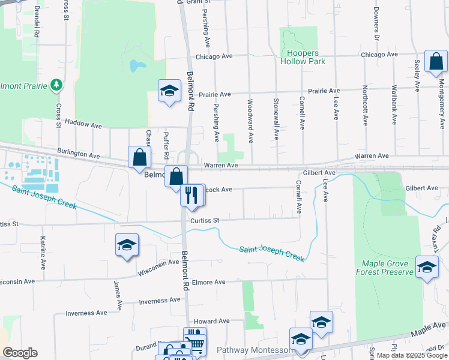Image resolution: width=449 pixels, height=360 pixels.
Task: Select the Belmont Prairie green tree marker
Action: click(x=56, y=85)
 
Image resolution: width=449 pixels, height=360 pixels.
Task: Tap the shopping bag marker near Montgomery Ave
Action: click(x=436, y=61)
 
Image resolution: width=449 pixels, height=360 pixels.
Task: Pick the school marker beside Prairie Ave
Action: click(x=169, y=91)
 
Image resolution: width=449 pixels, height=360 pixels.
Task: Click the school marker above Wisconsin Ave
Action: click(x=127, y=245)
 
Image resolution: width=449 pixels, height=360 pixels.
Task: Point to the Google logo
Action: click(x=20, y=353)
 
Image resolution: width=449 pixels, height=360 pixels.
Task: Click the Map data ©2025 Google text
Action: click(x=412, y=355)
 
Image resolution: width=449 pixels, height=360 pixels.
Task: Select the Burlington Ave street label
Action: click(x=78, y=155)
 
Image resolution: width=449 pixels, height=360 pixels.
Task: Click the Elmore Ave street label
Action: click(x=208, y=282)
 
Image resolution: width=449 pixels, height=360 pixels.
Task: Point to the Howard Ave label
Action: click(x=212, y=321)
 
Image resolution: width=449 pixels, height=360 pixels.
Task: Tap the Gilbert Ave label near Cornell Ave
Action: click(x=319, y=173)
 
